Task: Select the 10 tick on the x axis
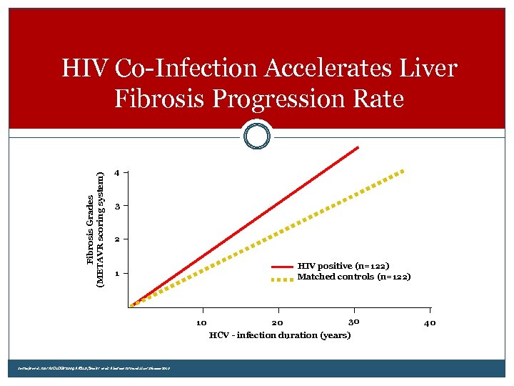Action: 202,322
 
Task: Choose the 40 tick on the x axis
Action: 429,322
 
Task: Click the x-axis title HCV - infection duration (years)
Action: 279,335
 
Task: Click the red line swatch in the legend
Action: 283,267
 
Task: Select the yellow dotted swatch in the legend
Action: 283,278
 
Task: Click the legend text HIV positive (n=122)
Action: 343,266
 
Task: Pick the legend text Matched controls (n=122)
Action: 353,277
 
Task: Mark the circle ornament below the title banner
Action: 257,135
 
